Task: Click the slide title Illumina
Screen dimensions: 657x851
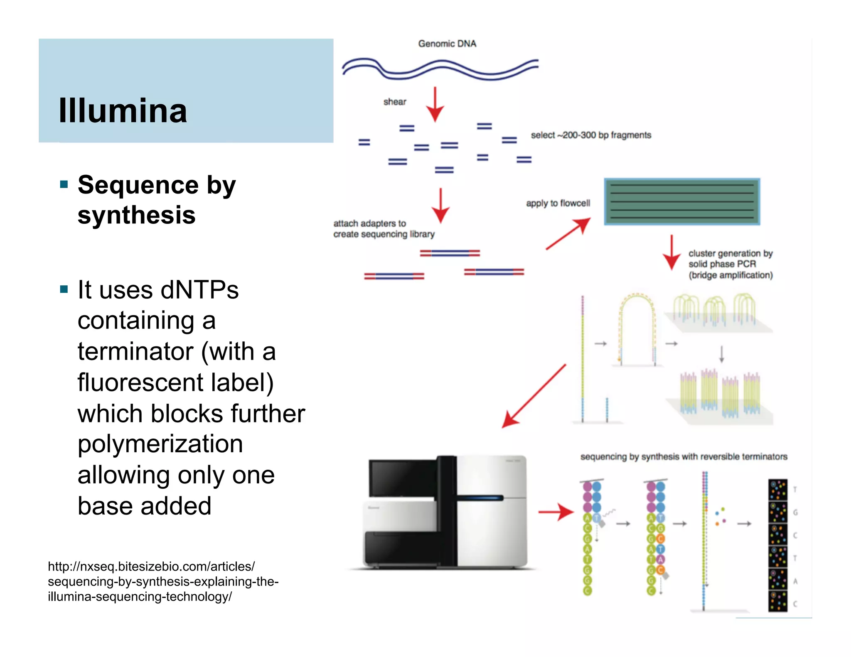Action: click(123, 111)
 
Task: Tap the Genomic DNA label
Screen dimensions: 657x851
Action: click(447, 44)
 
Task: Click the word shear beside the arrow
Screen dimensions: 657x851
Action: click(395, 102)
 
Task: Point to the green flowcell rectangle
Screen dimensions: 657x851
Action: click(682, 202)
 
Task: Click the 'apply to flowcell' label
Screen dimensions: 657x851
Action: click(558, 203)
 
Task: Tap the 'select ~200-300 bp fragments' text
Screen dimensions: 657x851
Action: click(591, 135)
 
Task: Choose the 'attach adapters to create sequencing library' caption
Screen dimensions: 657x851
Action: click(384, 229)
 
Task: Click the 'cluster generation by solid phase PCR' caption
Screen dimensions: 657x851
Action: click(730, 264)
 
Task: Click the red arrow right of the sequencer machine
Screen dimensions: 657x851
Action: click(556, 512)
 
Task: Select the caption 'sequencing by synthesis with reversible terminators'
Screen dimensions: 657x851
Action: click(684, 457)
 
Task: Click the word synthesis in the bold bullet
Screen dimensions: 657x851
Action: click(136, 215)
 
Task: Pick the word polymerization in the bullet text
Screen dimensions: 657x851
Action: click(160, 444)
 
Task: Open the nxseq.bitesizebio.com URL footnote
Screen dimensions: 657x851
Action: click(163, 581)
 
